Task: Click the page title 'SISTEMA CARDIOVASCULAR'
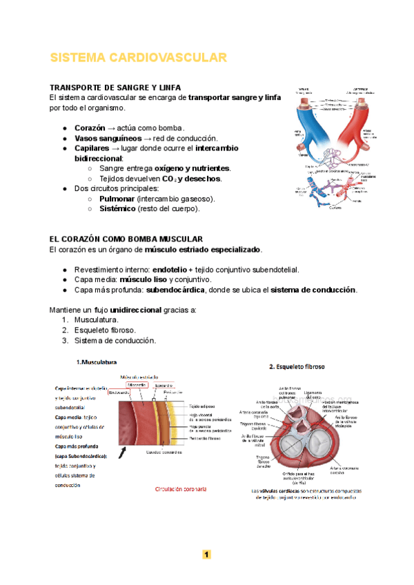(138, 57)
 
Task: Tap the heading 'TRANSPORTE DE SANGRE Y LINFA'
(110, 88)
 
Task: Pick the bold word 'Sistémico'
(117, 208)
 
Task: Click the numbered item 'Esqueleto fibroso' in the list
(107, 330)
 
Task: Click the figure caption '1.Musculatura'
(96, 361)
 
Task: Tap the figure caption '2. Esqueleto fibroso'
(297, 367)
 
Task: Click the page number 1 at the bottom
(206, 554)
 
